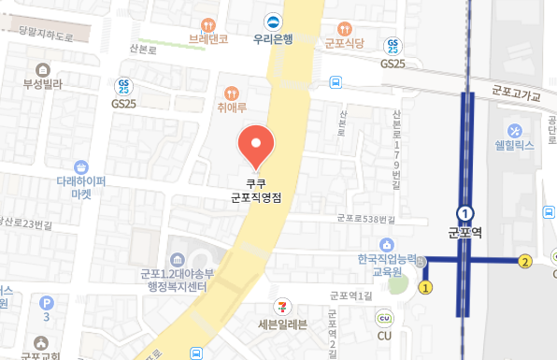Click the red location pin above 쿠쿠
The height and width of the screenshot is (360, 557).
[256, 144]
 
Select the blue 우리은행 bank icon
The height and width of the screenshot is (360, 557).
[273, 22]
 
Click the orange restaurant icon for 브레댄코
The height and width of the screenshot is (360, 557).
[207, 22]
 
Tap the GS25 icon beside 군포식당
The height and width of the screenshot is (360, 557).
[395, 45]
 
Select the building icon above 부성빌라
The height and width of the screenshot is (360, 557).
[42, 70]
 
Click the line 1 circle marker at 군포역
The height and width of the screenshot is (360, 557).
[464, 214]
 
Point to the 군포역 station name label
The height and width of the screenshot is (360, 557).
[464, 233]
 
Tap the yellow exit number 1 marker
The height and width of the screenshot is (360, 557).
[426, 287]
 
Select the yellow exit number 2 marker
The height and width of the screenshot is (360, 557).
[525, 261]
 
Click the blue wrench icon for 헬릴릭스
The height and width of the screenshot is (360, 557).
[514, 129]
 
